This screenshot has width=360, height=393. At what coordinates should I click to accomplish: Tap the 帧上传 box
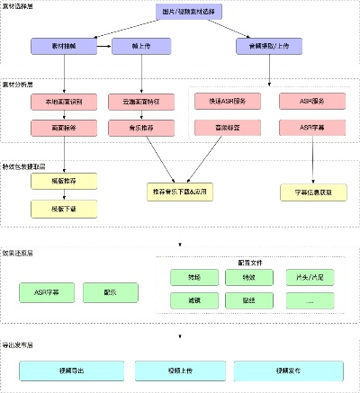[x=137, y=44]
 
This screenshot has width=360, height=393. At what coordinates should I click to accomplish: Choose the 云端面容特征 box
[x=137, y=102]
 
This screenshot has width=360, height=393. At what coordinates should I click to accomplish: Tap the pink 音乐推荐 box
[x=137, y=129]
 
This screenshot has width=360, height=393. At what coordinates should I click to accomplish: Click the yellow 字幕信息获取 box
[x=312, y=192]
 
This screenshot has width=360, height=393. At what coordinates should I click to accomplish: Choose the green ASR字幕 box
[x=45, y=293]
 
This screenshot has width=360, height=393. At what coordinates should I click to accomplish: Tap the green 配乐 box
[x=109, y=293]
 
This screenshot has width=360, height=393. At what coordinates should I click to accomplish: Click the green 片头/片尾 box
[x=310, y=278]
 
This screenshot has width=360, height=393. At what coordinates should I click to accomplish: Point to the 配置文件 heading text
[x=248, y=261]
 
